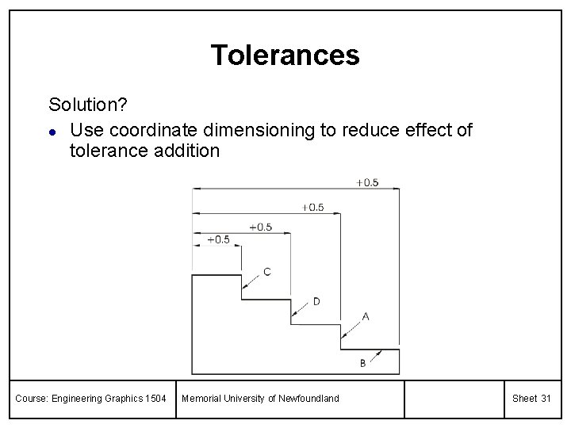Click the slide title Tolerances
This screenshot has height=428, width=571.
[285, 55]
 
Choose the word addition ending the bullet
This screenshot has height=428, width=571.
[183, 150]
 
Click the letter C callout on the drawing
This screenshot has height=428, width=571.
[266, 272]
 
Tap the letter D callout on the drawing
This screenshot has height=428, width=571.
[316, 301]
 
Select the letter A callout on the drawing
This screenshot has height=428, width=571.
[366, 315]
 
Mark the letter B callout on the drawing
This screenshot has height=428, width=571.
[362, 363]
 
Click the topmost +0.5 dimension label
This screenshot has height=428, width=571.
[366, 182]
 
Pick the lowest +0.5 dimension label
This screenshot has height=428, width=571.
[218, 239]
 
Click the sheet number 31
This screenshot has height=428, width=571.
[545, 398]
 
